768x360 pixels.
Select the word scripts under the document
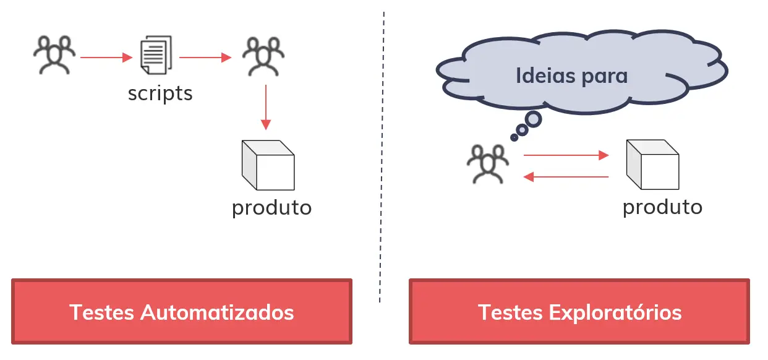click(x=160, y=93)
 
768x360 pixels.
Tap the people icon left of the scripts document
click(x=54, y=55)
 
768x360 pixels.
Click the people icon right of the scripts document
click(x=264, y=55)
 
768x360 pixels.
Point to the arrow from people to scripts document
click(x=106, y=58)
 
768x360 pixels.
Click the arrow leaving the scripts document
click(x=205, y=58)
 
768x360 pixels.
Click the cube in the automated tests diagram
click(x=268, y=165)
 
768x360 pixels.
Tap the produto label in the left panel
click(x=271, y=208)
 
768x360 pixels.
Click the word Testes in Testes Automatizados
click(x=102, y=312)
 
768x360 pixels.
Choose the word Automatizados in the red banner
click(x=217, y=312)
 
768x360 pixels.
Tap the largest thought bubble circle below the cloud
click(x=532, y=118)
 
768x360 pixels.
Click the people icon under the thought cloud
click(x=488, y=163)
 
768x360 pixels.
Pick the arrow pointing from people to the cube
click(x=566, y=155)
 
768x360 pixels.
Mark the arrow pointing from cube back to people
click(x=566, y=178)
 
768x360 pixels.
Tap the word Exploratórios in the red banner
click(x=615, y=312)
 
